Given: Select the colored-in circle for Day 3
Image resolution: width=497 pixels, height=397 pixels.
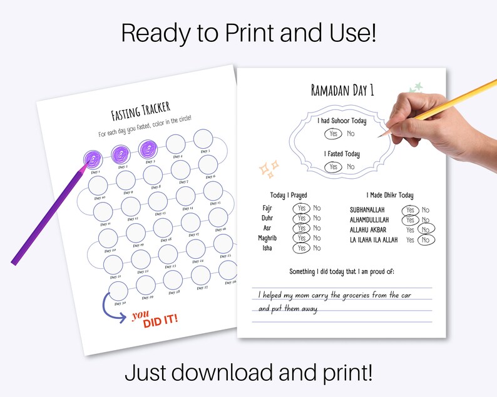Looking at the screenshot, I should [x=149, y=149].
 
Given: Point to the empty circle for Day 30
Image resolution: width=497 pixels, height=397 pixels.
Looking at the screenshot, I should [x=117, y=290].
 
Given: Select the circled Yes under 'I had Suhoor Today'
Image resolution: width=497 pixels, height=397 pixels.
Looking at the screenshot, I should [x=333, y=133].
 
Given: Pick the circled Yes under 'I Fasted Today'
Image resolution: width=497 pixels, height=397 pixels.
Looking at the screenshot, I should [x=333, y=166].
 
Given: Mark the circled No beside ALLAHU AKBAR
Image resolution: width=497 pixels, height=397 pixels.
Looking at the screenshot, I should [x=426, y=230].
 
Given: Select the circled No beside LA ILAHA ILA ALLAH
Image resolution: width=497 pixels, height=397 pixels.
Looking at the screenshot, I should [x=426, y=240].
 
